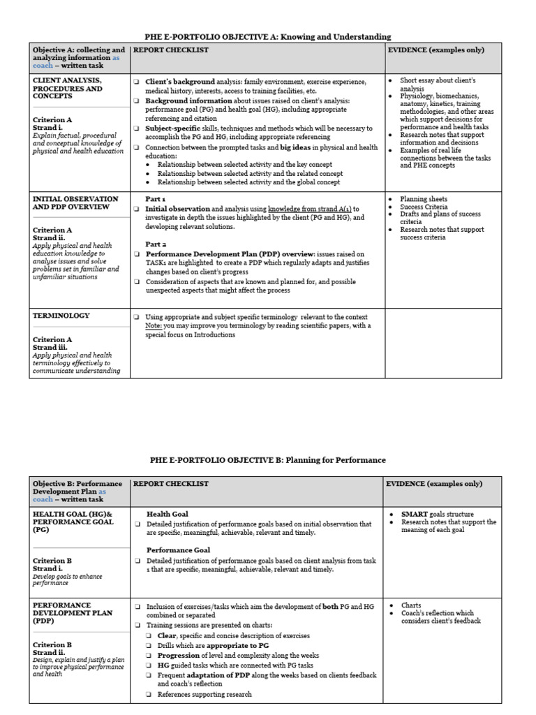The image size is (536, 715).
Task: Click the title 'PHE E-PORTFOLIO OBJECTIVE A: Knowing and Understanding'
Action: (x=267, y=36)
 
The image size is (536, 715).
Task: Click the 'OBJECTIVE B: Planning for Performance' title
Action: (x=267, y=460)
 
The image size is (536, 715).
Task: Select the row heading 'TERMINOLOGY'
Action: (x=62, y=316)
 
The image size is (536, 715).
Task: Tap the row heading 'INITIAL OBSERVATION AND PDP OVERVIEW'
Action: (x=75, y=203)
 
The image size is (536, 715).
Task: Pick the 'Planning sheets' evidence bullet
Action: (x=424, y=199)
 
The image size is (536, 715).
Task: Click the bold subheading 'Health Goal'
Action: (x=167, y=514)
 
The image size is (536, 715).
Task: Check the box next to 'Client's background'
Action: (x=137, y=82)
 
